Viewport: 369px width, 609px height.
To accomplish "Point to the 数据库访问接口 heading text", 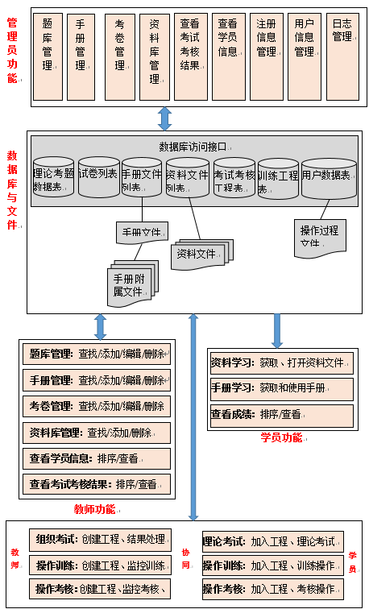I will coord(193,147).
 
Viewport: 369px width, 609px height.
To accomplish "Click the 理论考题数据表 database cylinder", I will coord(53,179).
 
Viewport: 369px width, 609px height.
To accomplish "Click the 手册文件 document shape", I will coord(143,233).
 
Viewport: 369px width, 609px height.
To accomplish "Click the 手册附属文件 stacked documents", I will coord(131,283).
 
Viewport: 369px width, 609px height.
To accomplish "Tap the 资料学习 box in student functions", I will coord(281,362).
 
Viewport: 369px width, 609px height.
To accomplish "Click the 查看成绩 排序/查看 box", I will coord(281,415).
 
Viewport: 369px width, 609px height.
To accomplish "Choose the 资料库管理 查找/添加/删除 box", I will coord(96,432).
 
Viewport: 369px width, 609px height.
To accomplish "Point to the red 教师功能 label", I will coord(94,508).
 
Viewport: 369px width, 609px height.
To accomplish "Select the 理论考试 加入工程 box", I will coord(272,541).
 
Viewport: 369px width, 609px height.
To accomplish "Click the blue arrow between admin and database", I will coord(164,118).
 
